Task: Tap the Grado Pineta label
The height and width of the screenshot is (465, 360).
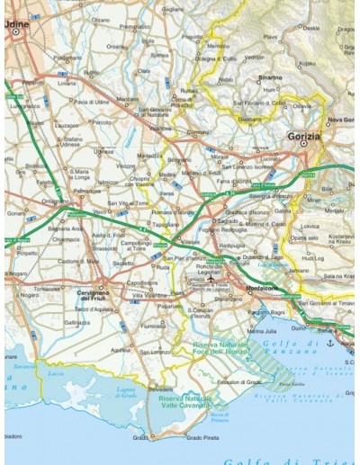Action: [x=203, y=438]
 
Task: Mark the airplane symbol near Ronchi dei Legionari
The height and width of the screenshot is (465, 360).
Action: [x=211, y=279]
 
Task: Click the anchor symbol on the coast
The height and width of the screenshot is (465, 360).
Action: [x=330, y=343]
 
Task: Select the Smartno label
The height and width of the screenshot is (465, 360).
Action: [x=270, y=77]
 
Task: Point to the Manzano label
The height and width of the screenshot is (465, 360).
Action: [x=128, y=99]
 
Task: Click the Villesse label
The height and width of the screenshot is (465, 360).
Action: [x=190, y=242]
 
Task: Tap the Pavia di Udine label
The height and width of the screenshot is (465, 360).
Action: [x=91, y=102]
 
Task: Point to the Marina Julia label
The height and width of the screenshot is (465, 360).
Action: [x=263, y=331]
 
